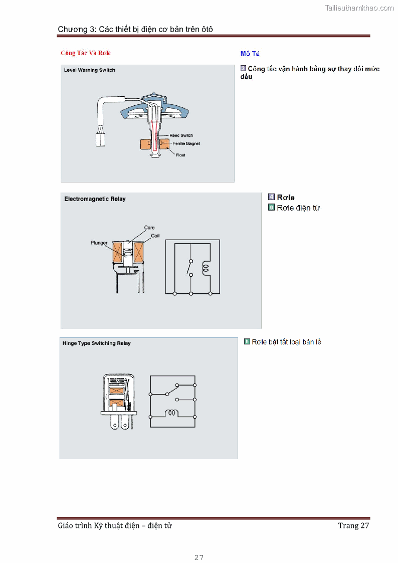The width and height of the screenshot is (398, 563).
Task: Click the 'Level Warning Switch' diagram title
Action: pos(90,70)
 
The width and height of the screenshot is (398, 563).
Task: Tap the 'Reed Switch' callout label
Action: pos(181,135)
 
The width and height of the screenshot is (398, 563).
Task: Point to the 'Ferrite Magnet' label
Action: pos(186,143)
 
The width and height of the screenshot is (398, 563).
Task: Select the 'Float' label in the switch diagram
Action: pos(180,155)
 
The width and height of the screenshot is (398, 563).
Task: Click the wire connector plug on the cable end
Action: pos(100,139)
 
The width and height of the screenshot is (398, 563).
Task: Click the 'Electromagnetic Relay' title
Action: pos(95,199)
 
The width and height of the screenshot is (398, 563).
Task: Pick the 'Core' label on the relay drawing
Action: pos(149,227)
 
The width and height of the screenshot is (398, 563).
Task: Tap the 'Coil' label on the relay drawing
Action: pos(155,236)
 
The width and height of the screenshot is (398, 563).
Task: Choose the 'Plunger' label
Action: pos(99,243)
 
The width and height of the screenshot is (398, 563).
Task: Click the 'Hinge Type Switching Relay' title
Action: pos(97,343)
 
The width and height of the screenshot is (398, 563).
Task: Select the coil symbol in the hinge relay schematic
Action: pos(171,413)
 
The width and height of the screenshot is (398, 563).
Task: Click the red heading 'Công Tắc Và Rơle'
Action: pos(86,53)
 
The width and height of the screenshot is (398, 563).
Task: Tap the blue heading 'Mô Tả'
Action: pos(250,54)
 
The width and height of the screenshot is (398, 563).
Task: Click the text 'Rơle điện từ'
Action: pos(298,208)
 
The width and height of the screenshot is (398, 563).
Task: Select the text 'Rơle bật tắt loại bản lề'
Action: pos(286,342)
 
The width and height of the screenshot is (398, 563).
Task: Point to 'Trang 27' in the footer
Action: pos(353,526)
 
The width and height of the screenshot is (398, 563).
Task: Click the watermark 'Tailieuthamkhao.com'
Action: pos(359,8)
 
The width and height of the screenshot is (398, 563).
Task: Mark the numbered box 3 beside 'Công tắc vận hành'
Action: pos(243,68)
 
